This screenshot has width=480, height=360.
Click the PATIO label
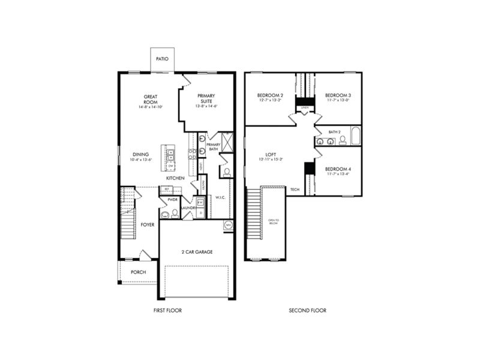tap(162, 59)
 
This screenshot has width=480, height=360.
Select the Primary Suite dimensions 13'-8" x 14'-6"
tap(206, 106)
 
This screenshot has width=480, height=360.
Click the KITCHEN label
tap(175, 178)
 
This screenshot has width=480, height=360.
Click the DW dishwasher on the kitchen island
tap(170, 165)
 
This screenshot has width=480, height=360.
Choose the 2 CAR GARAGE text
tap(197, 252)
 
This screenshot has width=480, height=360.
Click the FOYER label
tap(148, 224)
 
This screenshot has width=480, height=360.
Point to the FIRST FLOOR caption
tap(167, 310)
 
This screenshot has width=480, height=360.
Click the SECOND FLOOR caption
tap(308, 310)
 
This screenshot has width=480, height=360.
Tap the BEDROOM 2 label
tap(270, 95)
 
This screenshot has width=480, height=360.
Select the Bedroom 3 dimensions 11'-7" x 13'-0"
tap(338, 101)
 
